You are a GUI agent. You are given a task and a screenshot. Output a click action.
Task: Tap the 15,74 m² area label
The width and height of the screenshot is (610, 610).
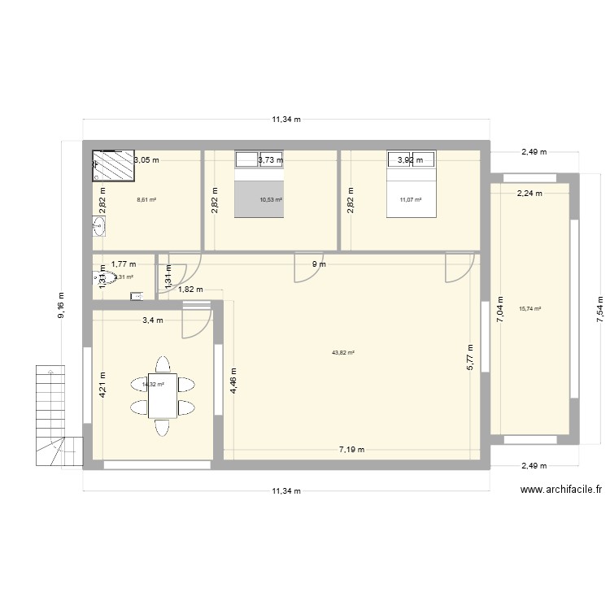(529, 308)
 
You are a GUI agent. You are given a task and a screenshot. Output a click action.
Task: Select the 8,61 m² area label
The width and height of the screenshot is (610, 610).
(146, 198)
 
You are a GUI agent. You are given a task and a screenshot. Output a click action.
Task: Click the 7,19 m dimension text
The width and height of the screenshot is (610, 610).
(352, 449)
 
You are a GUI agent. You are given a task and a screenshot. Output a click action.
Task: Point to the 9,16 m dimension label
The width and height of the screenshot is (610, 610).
(62, 306)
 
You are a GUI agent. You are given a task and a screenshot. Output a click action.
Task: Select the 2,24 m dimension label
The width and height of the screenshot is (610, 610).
(529, 193)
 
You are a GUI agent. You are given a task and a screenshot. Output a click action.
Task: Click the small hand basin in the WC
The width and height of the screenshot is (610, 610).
(136, 296)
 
